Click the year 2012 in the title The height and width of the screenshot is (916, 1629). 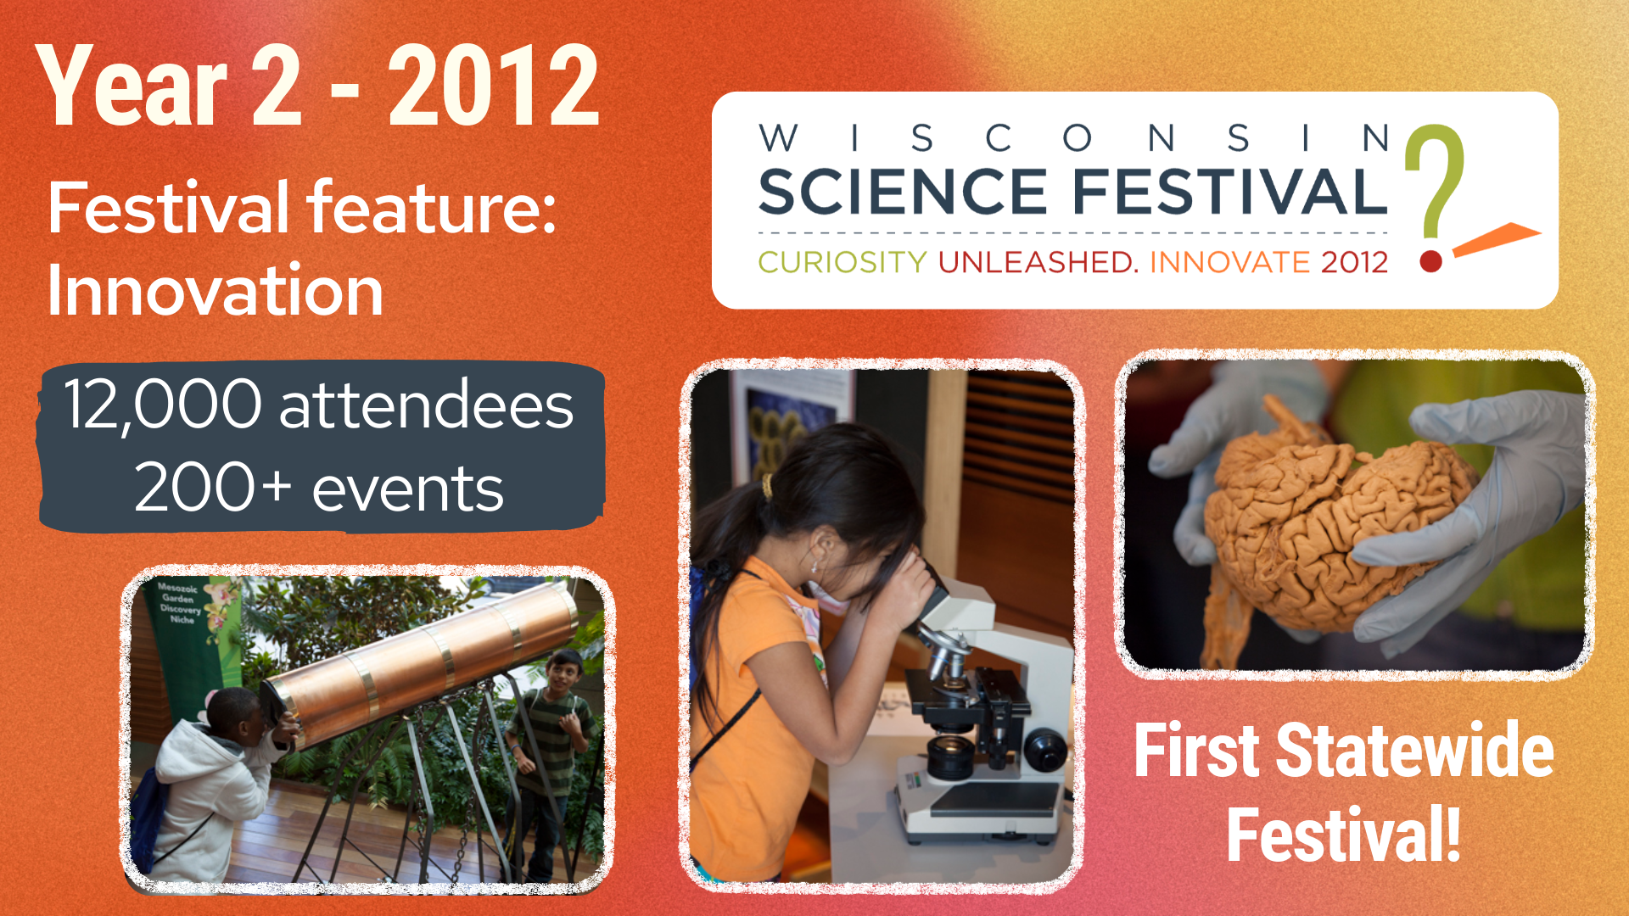(x=494, y=86)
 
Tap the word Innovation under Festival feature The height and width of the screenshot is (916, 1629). (x=216, y=290)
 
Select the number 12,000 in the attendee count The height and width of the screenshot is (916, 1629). (x=163, y=405)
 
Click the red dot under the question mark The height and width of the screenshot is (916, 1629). (x=1431, y=260)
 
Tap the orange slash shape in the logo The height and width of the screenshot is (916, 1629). (x=1497, y=238)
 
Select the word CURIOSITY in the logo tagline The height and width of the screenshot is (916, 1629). (x=842, y=262)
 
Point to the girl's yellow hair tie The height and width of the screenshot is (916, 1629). (x=767, y=486)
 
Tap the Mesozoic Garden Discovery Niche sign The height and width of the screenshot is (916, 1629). (x=180, y=602)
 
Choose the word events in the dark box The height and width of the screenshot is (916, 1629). (x=408, y=490)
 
